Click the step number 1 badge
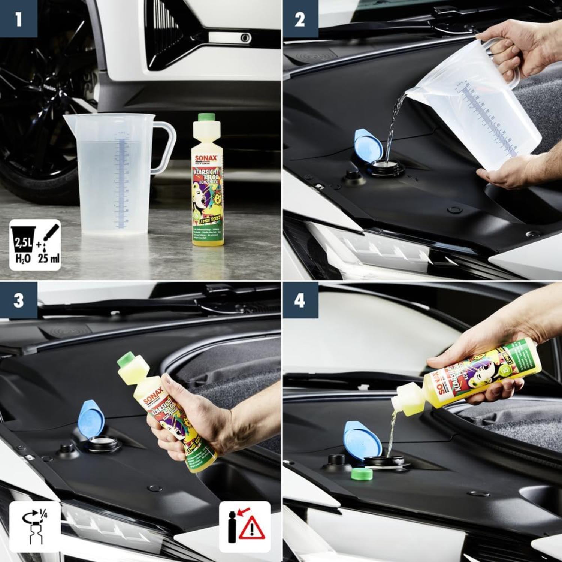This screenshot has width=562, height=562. [18, 18]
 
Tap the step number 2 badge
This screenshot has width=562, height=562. [299, 18]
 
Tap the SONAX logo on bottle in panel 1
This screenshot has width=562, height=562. [206, 158]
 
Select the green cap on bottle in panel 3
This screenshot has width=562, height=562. [127, 360]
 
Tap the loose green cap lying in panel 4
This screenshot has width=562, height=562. [362, 474]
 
